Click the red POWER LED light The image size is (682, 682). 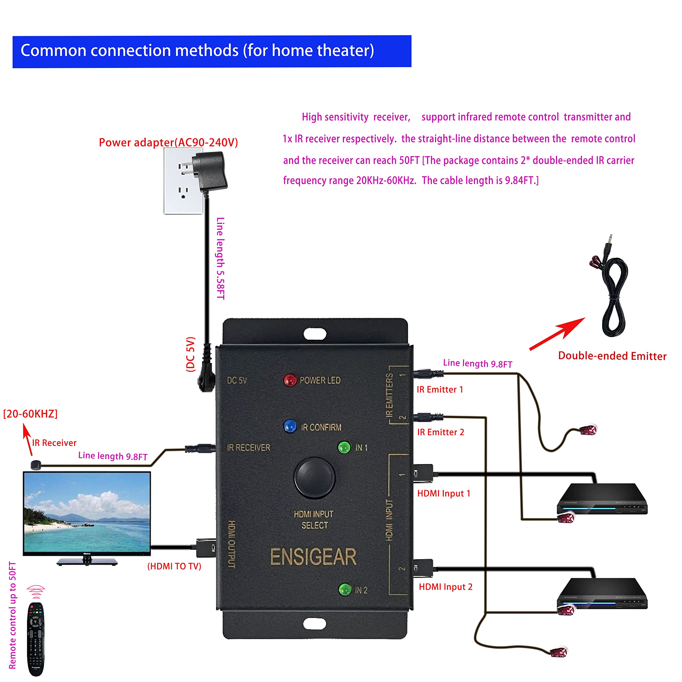(290, 380)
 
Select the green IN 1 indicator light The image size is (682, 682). (344, 447)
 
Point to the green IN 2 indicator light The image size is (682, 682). (344, 589)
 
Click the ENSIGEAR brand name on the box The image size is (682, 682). (313, 557)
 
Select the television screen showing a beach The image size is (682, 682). (87, 513)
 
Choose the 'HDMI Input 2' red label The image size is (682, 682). (445, 587)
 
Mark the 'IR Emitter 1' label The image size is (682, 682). (440, 389)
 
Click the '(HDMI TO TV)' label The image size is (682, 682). (174, 566)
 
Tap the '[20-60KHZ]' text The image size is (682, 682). (30, 414)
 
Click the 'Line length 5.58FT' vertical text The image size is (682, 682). (221, 258)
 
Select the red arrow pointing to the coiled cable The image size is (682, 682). (558, 333)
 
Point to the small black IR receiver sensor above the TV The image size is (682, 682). (36, 465)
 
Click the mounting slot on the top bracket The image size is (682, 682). (315, 334)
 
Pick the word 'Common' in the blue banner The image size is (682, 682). (53, 50)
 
